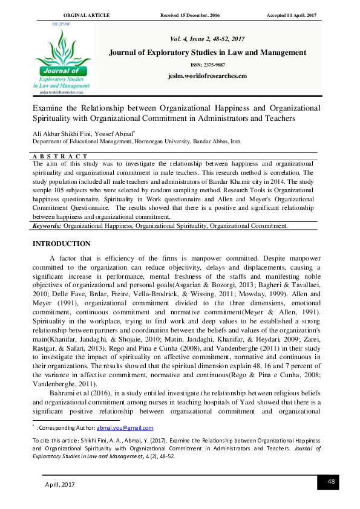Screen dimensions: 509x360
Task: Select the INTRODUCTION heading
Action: click(x=62, y=244)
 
